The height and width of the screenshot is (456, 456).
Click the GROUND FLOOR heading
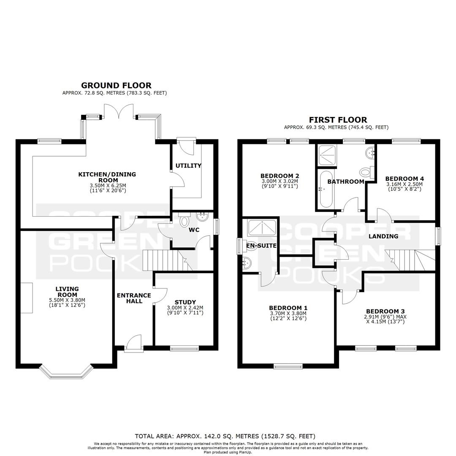(117, 85)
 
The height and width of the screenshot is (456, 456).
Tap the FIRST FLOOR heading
(338, 120)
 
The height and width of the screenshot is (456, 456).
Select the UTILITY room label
(188, 166)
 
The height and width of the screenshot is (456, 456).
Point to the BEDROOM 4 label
(404, 179)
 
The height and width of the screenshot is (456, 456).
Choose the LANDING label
(383, 236)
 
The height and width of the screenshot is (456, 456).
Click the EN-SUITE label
(261, 245)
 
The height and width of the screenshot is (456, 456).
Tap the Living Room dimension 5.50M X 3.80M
(67, 300)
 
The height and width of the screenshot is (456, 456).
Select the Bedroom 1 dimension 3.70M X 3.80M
(288, 313)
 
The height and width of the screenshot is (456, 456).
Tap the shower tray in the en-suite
(261, 228)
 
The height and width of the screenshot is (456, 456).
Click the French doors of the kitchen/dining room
(119, 111)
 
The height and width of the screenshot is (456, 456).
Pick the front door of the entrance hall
(134, 343)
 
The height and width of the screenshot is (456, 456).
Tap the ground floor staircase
(168, 260)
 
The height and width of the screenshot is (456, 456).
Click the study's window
(185, 348)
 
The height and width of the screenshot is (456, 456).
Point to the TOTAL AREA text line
(225, 436)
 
